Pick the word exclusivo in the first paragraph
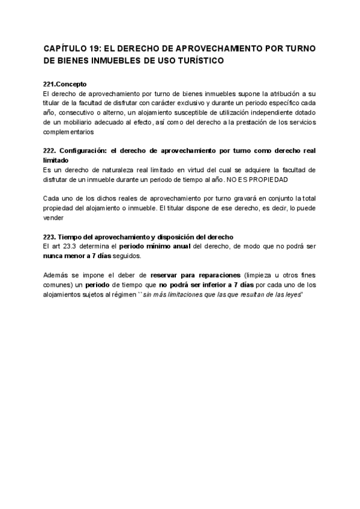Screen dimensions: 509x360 [214, 103]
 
